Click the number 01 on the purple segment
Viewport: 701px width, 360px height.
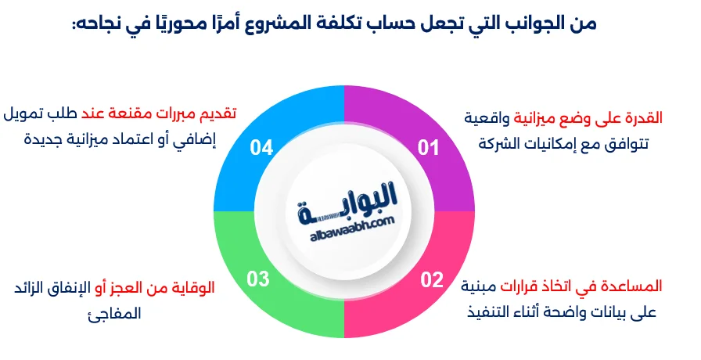pos(428,148)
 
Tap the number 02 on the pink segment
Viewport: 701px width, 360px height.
pos(432,279)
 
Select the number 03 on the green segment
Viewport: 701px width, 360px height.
pos(258,278)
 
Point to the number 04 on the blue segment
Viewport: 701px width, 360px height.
pos(261,148)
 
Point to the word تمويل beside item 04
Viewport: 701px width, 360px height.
pos(31,114)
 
